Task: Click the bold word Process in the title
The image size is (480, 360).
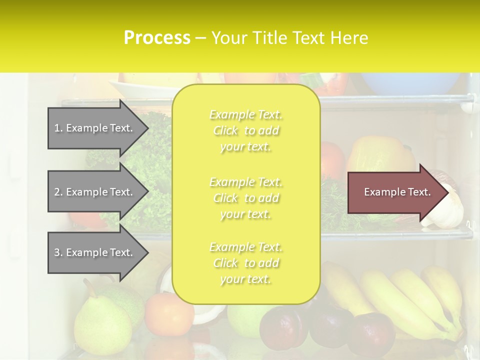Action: pyautogui.click(x=157, y=38)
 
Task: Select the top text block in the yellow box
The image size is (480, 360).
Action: pyautogui.click(x=245, y=130)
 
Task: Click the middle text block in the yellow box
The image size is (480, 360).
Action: pyautogui.click(x=245, y=198)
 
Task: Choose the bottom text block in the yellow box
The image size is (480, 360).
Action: pyautogui.click(x=245, y=263)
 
